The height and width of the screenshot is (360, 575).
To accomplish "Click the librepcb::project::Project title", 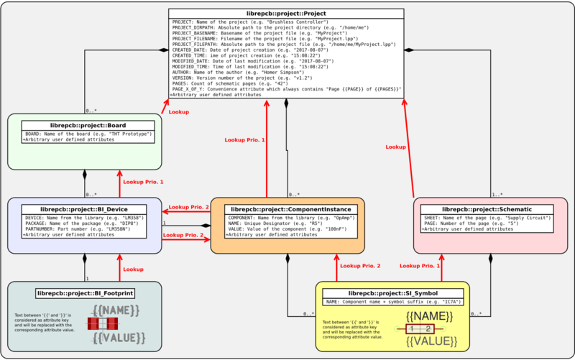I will pyautogui.click(x=286, y=14).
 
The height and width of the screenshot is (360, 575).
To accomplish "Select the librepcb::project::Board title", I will pyautogui.click(x=86, y=125).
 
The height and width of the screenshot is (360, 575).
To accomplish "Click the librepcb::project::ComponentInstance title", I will pyautogui.click(x=287, y=209).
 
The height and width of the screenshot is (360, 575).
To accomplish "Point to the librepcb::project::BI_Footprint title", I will pyautogui.click(x=86, y=292).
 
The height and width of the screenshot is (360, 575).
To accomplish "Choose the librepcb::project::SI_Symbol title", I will pyautogui.click(x=392, y=293).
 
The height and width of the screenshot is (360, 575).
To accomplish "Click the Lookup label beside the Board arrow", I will pyautogui.click(x=179, y=112).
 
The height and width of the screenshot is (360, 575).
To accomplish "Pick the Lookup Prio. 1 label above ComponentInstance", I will pyautogui.click(x=244, y=139).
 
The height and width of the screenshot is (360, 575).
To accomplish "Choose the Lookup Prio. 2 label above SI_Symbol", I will pyautogui.click(x=360, y=266).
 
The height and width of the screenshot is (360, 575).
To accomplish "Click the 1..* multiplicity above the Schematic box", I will pyautogui.click(x=497, y=195).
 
